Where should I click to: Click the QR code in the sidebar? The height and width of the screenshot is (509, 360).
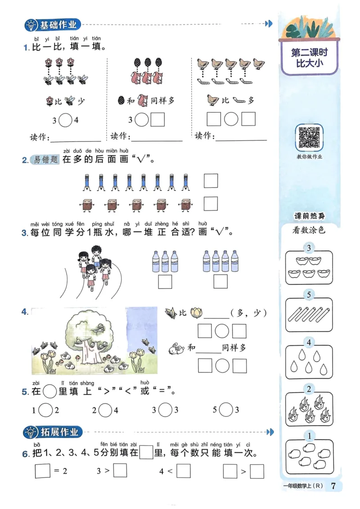309,137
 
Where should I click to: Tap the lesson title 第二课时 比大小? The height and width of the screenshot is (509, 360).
309,58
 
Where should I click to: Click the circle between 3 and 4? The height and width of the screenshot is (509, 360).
66,120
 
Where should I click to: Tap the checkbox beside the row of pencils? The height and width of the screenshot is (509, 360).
211,181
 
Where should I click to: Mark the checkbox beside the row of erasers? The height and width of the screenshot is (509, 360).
211,204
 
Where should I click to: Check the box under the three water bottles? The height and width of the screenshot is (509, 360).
165,281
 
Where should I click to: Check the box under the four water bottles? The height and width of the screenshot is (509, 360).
220,281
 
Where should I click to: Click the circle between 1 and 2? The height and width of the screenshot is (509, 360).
45,410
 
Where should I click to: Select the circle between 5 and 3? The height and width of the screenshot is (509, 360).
226,410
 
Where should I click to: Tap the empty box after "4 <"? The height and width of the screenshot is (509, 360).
184,471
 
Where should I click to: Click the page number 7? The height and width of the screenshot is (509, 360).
333,486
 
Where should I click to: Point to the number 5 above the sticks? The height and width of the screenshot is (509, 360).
309,295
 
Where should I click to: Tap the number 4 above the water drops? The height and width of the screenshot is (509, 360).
309,343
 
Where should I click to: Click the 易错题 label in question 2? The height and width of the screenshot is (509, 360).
46,159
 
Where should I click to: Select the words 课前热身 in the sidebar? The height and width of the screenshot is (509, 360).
309,216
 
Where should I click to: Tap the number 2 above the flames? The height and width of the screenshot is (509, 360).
309,389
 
